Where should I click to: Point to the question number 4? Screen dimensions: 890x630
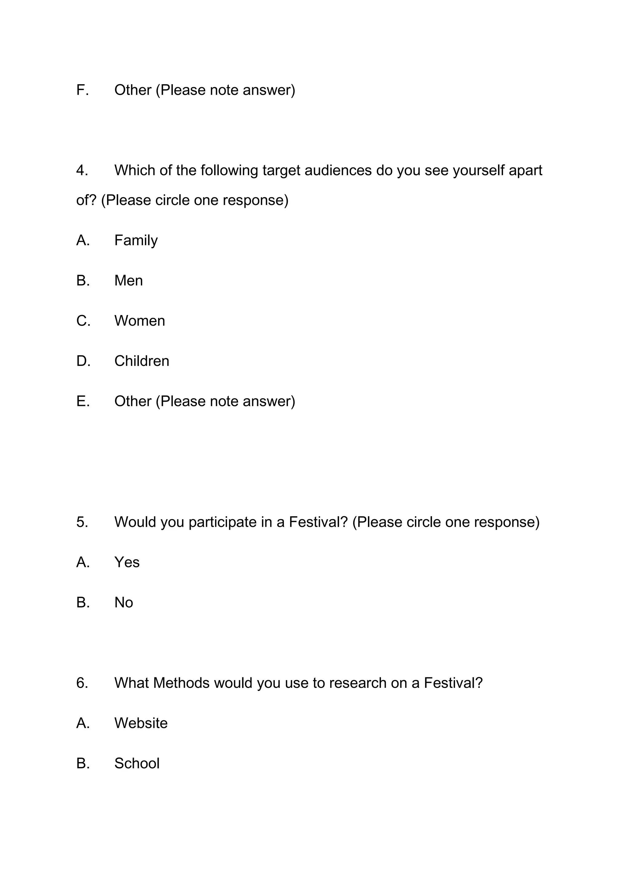coord(82,171)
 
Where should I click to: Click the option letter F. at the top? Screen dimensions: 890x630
coord(82,90)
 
